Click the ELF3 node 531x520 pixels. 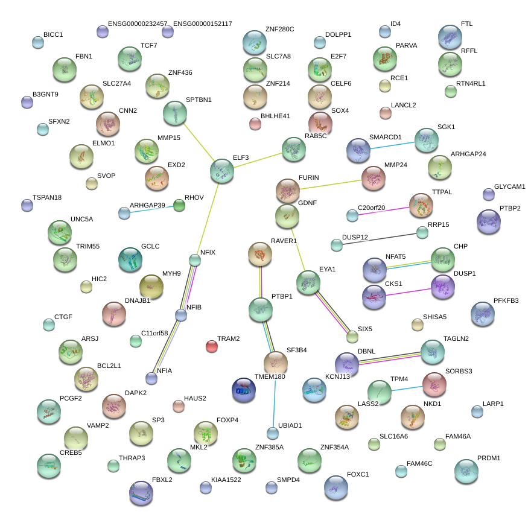click(x=221, y=171)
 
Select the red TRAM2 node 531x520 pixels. click(x=211, y=346)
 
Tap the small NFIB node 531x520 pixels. click(x=181, y=314)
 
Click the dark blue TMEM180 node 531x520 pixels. click(x=244, y=390)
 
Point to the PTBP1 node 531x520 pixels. click(x=261, y=309)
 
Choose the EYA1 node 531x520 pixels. click(x=308, y=282)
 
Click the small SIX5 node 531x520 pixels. click(x=352, y=336)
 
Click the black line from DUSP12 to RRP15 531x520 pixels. click(x=379, y=238)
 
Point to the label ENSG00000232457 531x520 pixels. click(x=138, y=24)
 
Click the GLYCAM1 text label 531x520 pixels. click(x=509, y=186)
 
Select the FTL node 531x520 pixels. click(x=450, y=37)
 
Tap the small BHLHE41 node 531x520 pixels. click(x=255, y=124)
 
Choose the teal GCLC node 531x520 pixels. click(x=130, y=259)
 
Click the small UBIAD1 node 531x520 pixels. click(x=273, y=433)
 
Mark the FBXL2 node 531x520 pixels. click(x=141, y=492)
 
